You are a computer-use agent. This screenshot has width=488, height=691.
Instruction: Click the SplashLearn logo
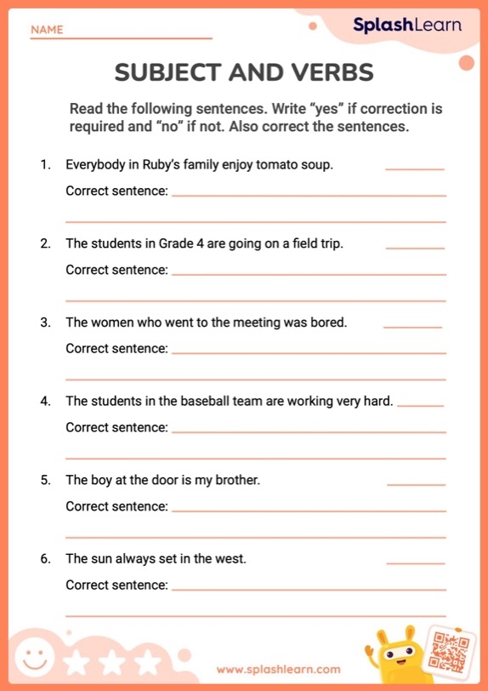click(407, 25)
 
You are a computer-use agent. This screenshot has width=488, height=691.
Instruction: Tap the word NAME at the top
click(47, 30)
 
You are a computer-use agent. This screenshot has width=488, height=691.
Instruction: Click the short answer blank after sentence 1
click(415, 168)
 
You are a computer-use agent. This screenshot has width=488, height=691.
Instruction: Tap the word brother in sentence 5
click(235, 480)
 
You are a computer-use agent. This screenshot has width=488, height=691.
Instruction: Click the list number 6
click(45, 559)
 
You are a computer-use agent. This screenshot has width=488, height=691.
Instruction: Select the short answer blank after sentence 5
click(416, 483)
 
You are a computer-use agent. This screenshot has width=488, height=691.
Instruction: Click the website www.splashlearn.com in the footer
click(278, 669)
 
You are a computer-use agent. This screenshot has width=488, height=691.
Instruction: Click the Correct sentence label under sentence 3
click(116, 348)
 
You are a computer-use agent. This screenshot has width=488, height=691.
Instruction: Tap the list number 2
click(45, 243)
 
